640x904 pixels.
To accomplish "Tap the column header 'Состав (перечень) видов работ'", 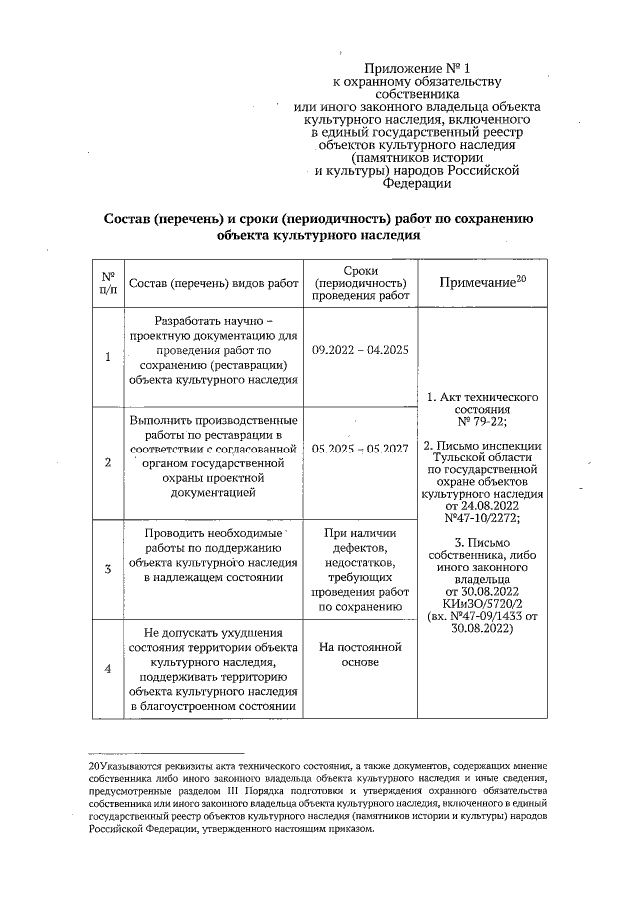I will click(214, 283).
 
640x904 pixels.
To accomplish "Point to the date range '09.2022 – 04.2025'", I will click(360, 352).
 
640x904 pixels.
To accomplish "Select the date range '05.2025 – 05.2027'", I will click(360, 449).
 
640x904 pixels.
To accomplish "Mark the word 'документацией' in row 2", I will click(214, 492).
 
